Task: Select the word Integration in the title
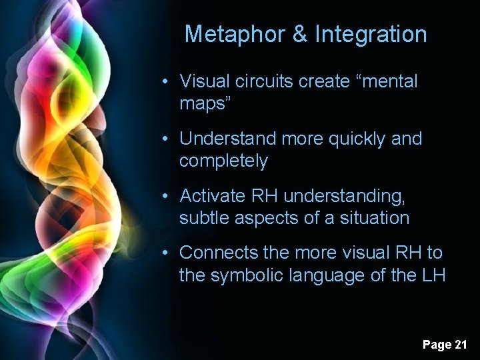pyautogui.click(x=371, y=34)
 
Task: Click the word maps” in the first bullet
pyautogui.click(x=203, y=104)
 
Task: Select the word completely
pyautogui.click(x=223, y=161)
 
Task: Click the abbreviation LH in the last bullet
pyautogui.click(x=433, y=275)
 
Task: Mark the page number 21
pyautogui.click(x=460, y=345)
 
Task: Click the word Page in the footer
pyautogui.click(x=436, y=345)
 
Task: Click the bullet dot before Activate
pyautogui.click(x=172, y=196)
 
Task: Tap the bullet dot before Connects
pyautogui.click(x=172, y=253)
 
